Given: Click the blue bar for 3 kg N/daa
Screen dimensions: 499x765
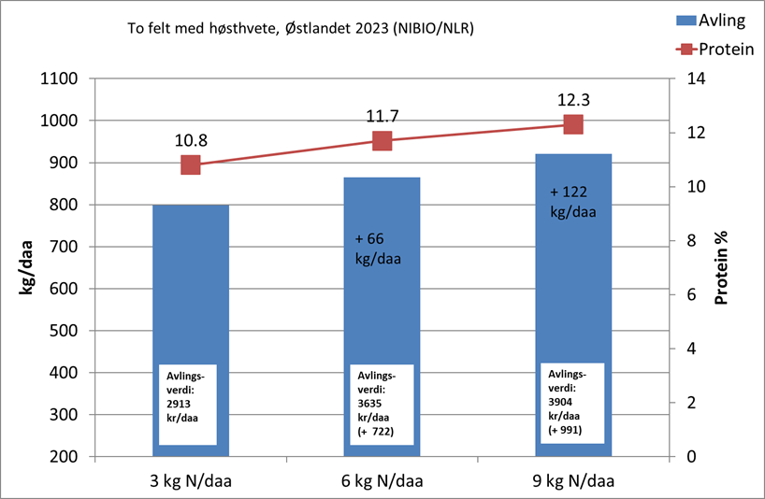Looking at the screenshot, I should pos(191,280).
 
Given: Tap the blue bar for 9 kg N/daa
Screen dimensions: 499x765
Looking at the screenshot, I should pos(573,280).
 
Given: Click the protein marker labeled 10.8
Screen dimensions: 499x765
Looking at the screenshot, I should pos(191,164).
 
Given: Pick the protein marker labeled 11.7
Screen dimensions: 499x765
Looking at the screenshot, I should pos(382,140).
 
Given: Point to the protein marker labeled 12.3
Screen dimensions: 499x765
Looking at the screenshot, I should pos(573,124).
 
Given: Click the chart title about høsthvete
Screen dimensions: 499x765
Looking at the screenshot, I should pos(300,29).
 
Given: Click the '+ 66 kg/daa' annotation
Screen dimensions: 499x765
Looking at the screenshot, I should pos(378,248).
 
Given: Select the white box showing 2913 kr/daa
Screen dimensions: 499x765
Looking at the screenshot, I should pos(189,404).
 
